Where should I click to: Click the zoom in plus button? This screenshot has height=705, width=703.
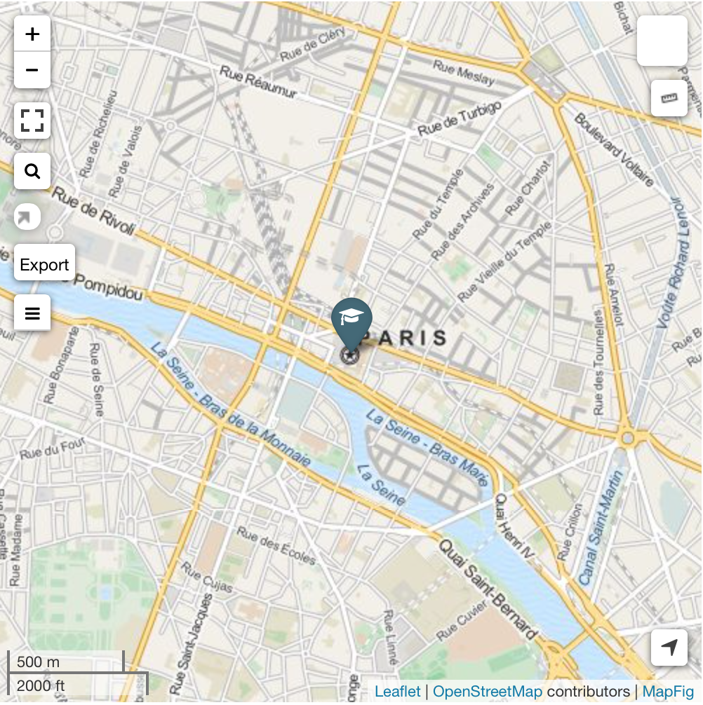pyautogui.click(x=32, y=34)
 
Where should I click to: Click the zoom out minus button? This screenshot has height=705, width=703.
pyautogui.click(x=32, y=70)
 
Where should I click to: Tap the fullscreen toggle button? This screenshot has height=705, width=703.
pyautogui.click(x=32, y=121)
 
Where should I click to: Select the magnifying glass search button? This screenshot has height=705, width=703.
pyautogui.click(x=32, y=171)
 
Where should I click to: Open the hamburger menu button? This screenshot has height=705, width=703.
pyautogui.click(x=32, y=313)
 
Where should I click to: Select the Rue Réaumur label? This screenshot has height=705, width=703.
pyautogui.click(x=258, y=82)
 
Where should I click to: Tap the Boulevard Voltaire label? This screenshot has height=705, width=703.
pyautogui.click(x=614, y=149)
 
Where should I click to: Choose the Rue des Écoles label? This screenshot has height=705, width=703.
pyautogui.click(x=276, y=545)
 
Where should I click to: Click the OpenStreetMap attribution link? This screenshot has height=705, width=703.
pyautogui.click(x=487, y=692)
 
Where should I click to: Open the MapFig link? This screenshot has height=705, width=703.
pyautogui.click(x=668, y=692)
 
